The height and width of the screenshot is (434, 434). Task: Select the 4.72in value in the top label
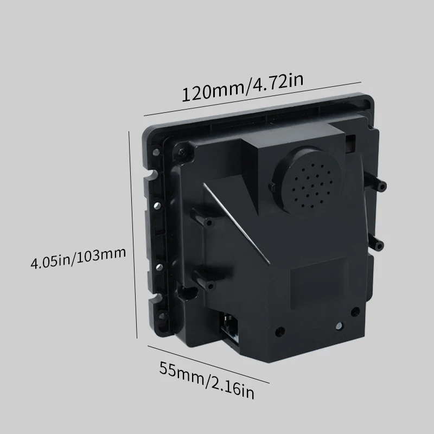pos(273,82)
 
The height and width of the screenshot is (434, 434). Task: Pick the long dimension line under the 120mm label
pos(252,99)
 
